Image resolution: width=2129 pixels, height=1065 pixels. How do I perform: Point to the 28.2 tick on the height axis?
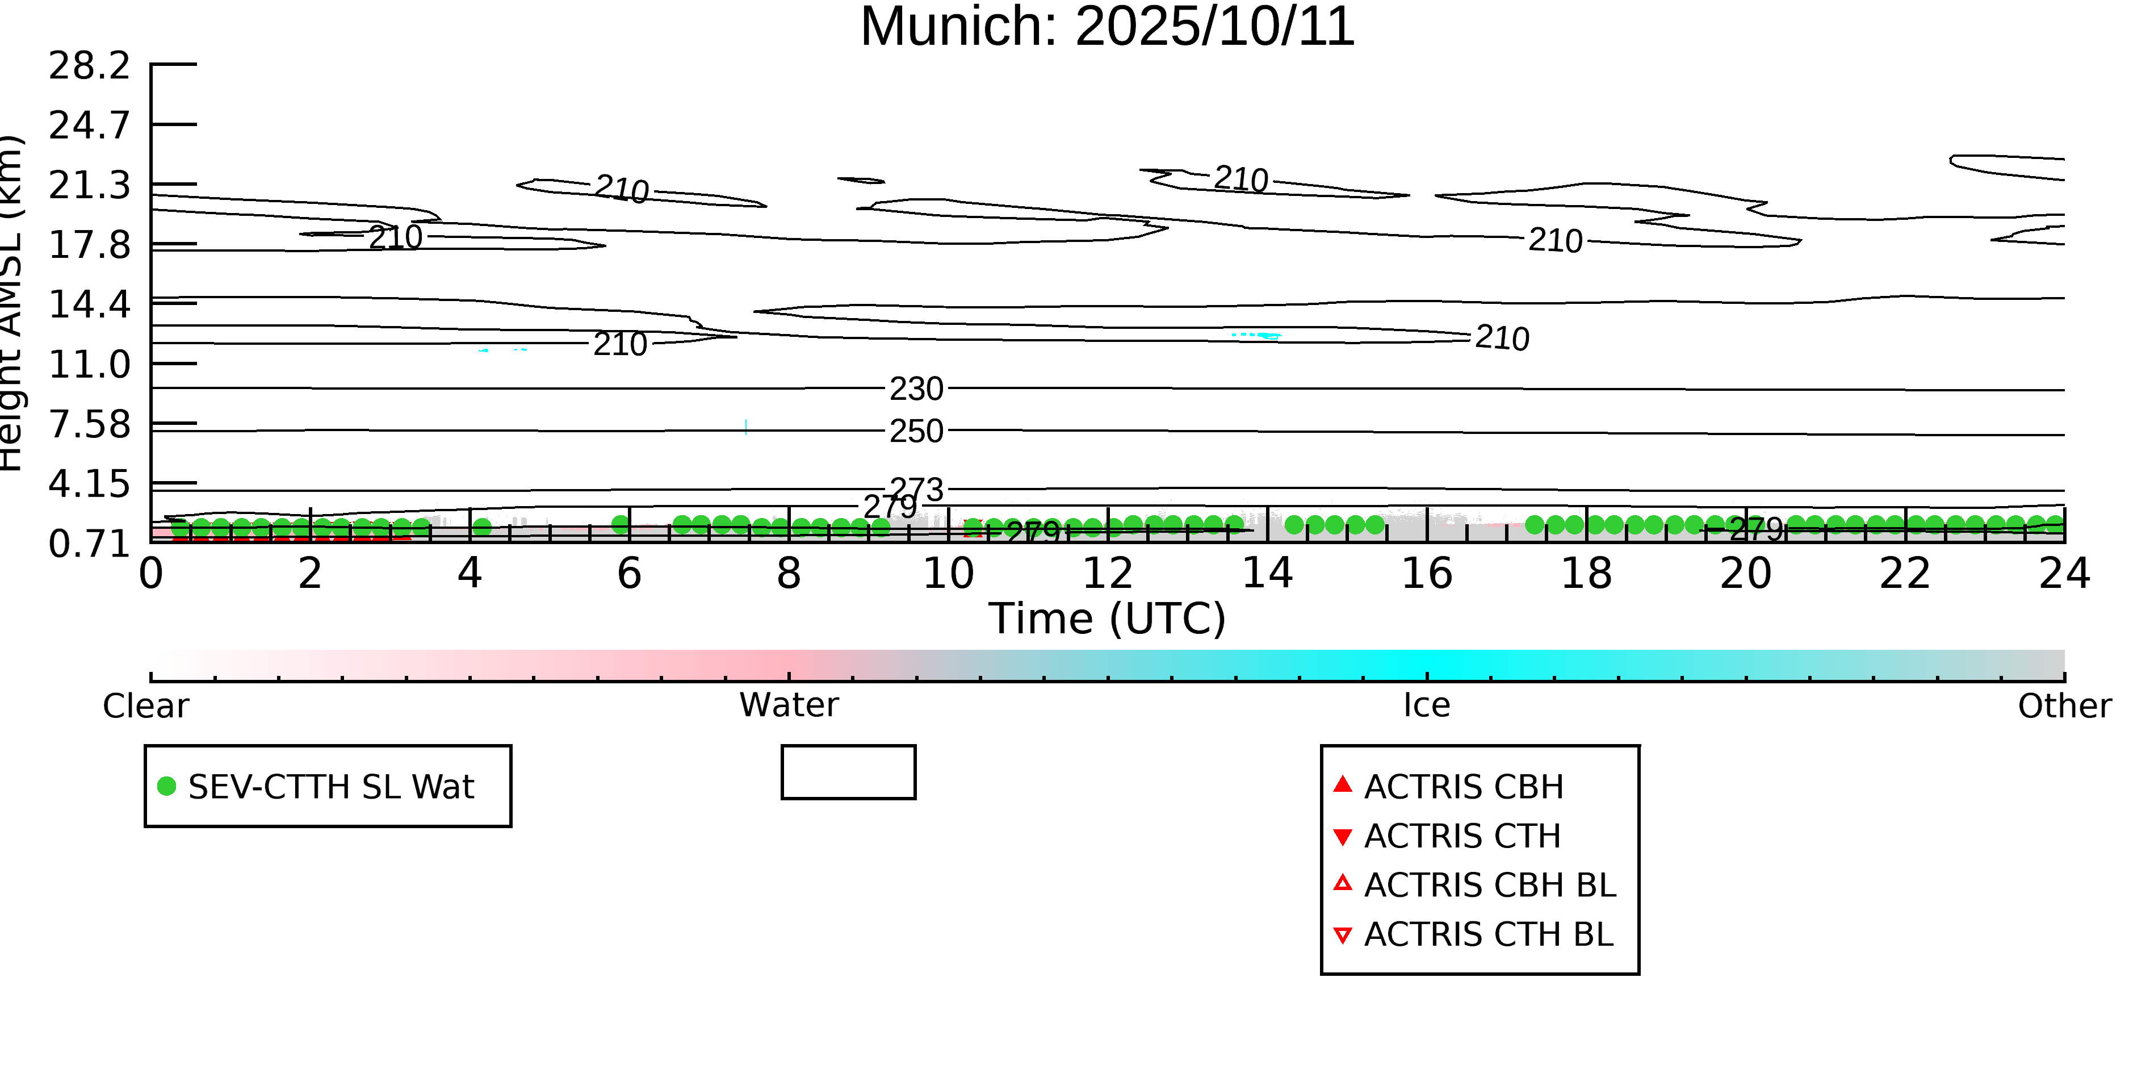pos(89,65)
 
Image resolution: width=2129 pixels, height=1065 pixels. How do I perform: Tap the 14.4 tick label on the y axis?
pos(89,304)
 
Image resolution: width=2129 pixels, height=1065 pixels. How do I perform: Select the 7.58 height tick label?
pos(89,424)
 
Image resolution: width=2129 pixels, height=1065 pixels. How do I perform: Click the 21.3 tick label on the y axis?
pos(89,185)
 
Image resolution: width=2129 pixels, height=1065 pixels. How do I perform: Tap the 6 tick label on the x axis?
pos(629,574)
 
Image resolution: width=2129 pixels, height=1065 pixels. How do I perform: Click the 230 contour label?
pos(916,389)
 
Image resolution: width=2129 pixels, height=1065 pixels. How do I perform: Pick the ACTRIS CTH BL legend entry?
pos(1487,934)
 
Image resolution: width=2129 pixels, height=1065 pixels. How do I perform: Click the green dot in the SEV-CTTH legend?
pos(167,786)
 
